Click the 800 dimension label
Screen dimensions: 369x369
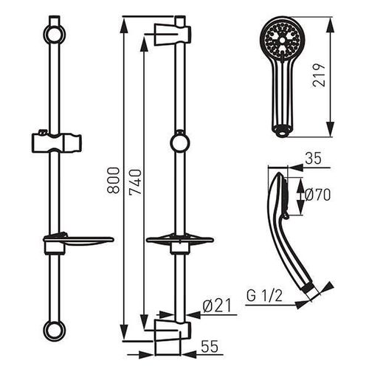pyautogui.click(x=114, y=180)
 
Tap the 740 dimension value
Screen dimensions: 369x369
pyautogui.click(x=136, y=182)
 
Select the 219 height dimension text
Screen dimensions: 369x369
pyautogui.click(x=319, y=75)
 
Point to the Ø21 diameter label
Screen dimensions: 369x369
pyautogui.click(x=217, y=306)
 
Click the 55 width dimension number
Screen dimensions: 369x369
pyautogui.click(x=210, y=347)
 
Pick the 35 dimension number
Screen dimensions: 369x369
pyautogui.click(x=313, y=158)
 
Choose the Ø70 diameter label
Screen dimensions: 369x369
pyautogui.click(x=317, y=195)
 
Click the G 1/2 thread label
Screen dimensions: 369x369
pyautogui.click(x=264, y=296)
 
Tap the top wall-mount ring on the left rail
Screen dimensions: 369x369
pyautogui.click(x=55, y=34)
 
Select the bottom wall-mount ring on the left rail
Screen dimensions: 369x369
pyautogui.click(x=55, y=331)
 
